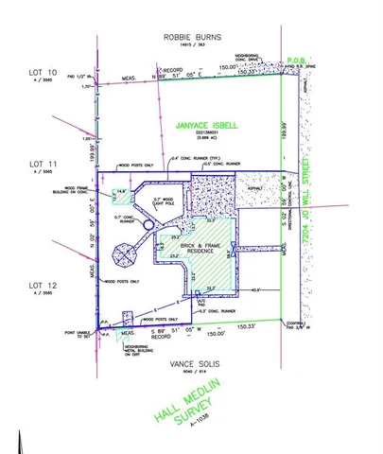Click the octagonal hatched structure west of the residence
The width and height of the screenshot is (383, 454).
click(125, 255)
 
